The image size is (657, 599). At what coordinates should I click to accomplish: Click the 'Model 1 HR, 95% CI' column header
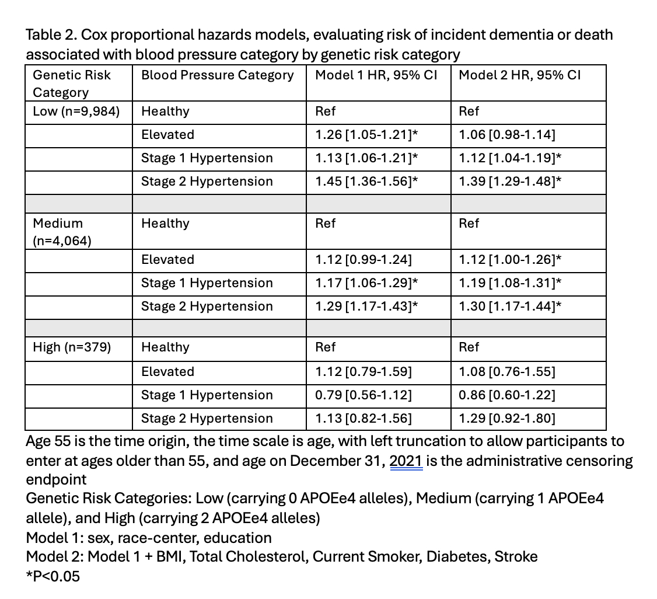pyautogui.click(x=376, y=75)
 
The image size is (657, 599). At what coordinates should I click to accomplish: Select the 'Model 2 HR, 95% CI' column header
pyautogui.click(x=520, y=75)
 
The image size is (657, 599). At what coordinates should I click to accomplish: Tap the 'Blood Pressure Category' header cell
pyautogui.click(x=218, y=75)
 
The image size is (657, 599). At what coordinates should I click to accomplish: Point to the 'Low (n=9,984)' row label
pyautogui.click(x=76, y=112)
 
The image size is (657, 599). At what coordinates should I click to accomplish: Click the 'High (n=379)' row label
pyautogui.click(x=72, y=347)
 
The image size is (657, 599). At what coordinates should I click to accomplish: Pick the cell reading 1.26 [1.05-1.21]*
pyautogui.click(x=366, y=135)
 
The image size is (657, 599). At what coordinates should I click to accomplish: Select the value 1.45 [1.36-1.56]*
pyautogui.click(x=366, y=182)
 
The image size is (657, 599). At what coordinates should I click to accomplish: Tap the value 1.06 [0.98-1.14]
pyautogui.click(x=507, y=135)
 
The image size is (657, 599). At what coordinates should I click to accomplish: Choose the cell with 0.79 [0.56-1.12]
pyautogui.click(x=364, y=395)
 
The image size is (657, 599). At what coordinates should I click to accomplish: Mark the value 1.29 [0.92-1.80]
pyautogui.click(x=507, y=419)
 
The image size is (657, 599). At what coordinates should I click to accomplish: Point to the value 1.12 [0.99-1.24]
pyautogui.click(x=364, y=260)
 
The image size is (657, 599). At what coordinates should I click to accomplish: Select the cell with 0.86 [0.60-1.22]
pyautogui.click(x=507, y=395)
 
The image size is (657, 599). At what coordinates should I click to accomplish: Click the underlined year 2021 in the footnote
pyautogui.click(x=406, y=461)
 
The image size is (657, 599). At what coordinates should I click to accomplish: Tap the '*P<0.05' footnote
pyautogui.click(x=53, y=576)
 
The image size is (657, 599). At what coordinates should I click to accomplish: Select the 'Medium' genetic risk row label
pyautogui.click(x=58, y=224)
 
